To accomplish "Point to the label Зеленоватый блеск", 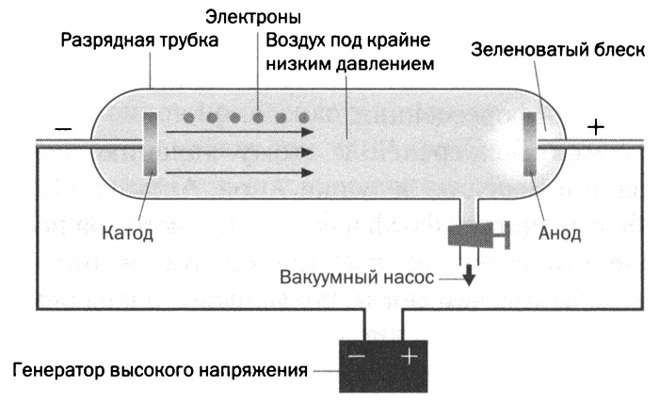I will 555,51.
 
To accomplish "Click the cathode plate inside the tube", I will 150,142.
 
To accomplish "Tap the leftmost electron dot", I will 187,119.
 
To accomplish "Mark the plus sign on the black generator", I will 407,359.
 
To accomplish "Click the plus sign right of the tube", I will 595,126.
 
